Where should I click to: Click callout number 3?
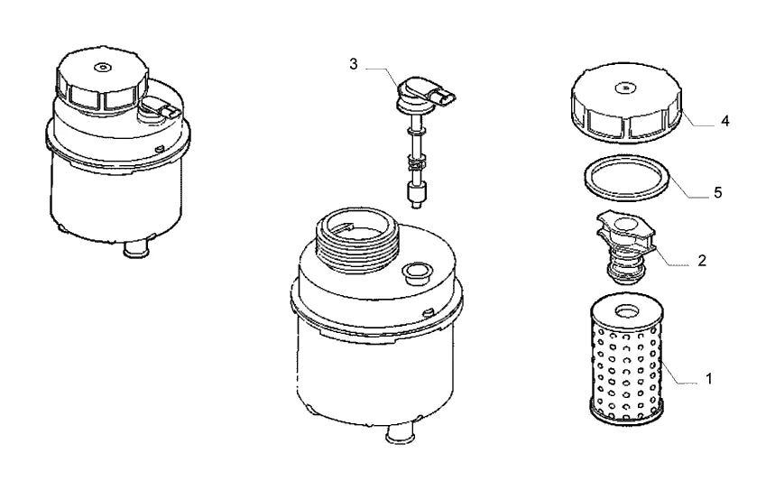(353, 64)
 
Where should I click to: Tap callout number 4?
(725, 121)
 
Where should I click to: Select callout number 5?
(718, 192)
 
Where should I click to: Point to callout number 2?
(702, 261)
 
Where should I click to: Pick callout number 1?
(709, 379)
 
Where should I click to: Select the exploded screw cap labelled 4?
(626, 103)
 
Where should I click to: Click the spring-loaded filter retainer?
(625, 248)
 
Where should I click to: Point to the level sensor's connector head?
(424, 94)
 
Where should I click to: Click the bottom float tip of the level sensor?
(416, 195)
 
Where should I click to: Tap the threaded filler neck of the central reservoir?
(355, 240)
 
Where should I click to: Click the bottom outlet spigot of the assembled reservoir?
(137, 249)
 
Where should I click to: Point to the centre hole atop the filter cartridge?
(626, 311)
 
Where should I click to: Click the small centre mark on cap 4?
(626, 88)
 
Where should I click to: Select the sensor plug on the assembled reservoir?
(158, 109)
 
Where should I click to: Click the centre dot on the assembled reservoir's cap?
(102, 66)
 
